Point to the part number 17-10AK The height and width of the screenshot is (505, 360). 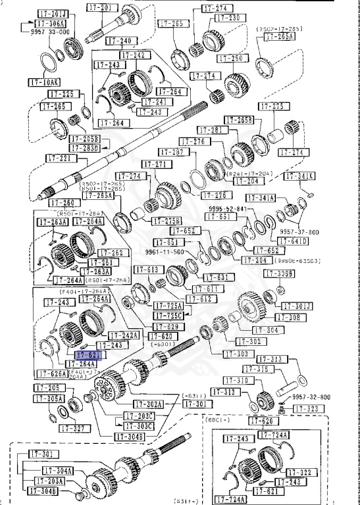[43, 82]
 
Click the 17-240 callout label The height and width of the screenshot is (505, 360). [119, 41]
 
